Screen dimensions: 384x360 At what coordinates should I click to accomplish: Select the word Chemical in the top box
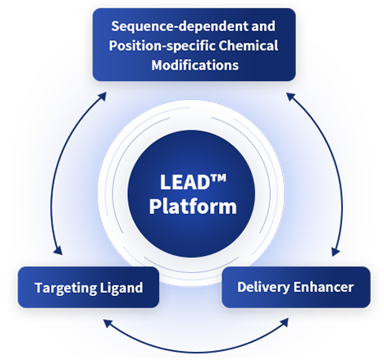click(x=248, y=45)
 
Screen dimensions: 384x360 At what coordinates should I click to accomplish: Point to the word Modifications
click(x=195, y=65)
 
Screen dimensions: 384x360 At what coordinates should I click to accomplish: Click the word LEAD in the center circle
click(x=185, y=182)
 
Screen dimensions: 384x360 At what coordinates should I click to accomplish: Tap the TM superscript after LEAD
click(x=218, y=178)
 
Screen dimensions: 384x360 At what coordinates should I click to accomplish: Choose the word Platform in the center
click(x=193, y=206)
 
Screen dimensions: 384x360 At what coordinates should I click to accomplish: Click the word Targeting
click(x=66, y=289)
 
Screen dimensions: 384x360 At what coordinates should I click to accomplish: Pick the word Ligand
click(x=121, y=289)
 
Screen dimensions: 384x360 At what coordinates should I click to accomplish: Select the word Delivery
click(x=263, y=288)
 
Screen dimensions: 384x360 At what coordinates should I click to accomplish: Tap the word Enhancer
click(x=323, y=287)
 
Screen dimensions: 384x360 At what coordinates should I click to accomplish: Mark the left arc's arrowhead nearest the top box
click(x=103, y=96)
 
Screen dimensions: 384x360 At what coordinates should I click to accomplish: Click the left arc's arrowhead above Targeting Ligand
click(x=58, y=251)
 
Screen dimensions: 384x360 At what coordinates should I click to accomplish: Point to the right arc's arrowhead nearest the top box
click(x=290, y=97)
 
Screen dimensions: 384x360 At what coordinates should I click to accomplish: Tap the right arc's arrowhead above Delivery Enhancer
click(x=336, y=252)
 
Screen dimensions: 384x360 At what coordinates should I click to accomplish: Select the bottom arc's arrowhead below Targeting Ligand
click(x=107, y=323)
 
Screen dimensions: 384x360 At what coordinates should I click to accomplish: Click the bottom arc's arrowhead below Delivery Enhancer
click(x=285, y=322)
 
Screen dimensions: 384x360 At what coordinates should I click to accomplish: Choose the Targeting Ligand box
click(x=89, y=287)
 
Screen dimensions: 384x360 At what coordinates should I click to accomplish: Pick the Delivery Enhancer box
click(x=296, y=287)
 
